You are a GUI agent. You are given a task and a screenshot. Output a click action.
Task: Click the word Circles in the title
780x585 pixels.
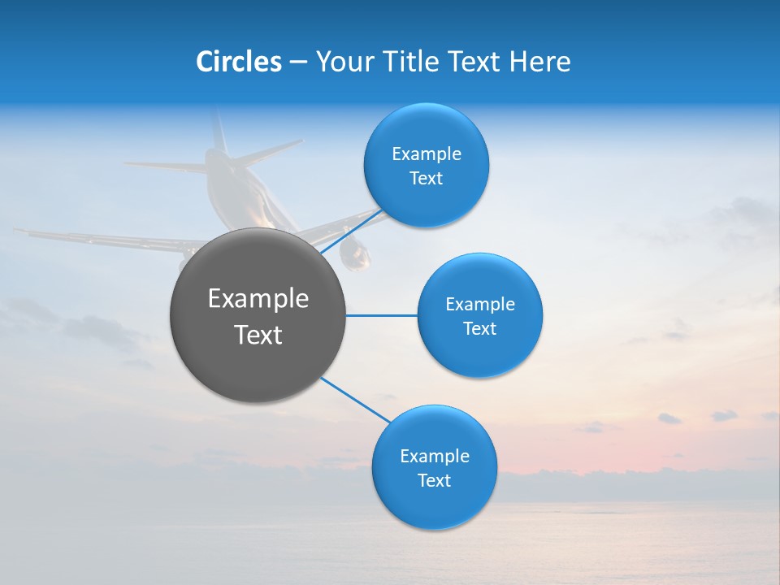pos(239,61)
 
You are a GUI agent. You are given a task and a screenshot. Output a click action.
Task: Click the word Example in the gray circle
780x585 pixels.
pos(258,299)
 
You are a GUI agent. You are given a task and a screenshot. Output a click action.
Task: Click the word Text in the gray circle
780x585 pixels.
pos(258,335)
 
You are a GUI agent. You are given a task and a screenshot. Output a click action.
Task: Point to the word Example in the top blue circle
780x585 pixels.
pos(427,154)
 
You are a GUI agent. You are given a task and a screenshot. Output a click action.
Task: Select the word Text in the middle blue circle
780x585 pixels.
pos(480,328)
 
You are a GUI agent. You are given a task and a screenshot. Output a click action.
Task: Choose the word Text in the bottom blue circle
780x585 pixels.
pos(434,480)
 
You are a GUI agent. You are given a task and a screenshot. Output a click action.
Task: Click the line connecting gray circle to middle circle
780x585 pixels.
pos(381,315)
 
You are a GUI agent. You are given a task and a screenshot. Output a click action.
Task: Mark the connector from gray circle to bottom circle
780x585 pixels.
pos(356,401)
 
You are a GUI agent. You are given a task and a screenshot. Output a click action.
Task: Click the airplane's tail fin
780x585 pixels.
pos(218,130)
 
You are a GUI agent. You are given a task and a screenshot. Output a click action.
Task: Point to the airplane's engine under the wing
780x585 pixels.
pos(355,254)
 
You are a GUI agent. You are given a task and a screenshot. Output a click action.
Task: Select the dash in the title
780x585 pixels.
pos(298,62)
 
